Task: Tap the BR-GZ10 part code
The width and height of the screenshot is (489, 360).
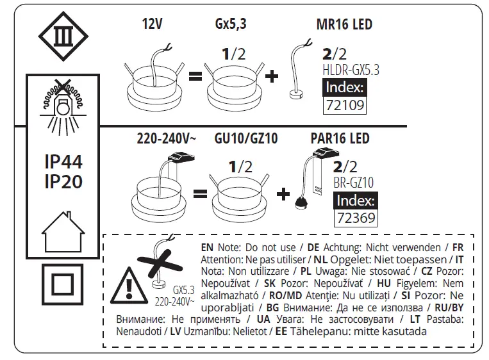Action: [353, 183]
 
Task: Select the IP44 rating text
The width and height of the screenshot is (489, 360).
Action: [63, 161]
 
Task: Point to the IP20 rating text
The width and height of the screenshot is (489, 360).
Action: [63, 182]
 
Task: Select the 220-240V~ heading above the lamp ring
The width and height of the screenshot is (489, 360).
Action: [162, 138]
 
